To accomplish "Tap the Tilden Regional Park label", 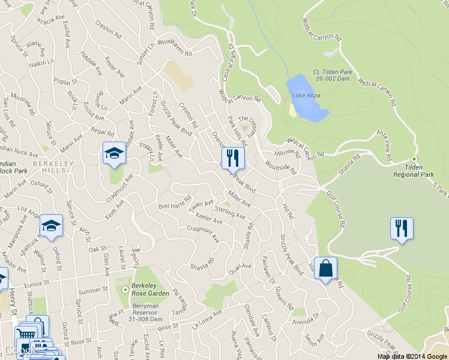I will [x=413, y=170].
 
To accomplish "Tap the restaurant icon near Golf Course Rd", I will [x=402, y=229].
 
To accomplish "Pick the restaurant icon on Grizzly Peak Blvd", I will [x=234, y=158].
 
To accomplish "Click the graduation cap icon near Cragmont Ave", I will [x=113, y=154].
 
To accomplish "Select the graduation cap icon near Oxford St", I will [x=51, y=226].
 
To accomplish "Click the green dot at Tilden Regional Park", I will [x=413, y=159].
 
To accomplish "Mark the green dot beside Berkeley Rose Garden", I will [x=125, y=290].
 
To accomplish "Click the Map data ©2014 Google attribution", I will [x=412, y=356].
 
